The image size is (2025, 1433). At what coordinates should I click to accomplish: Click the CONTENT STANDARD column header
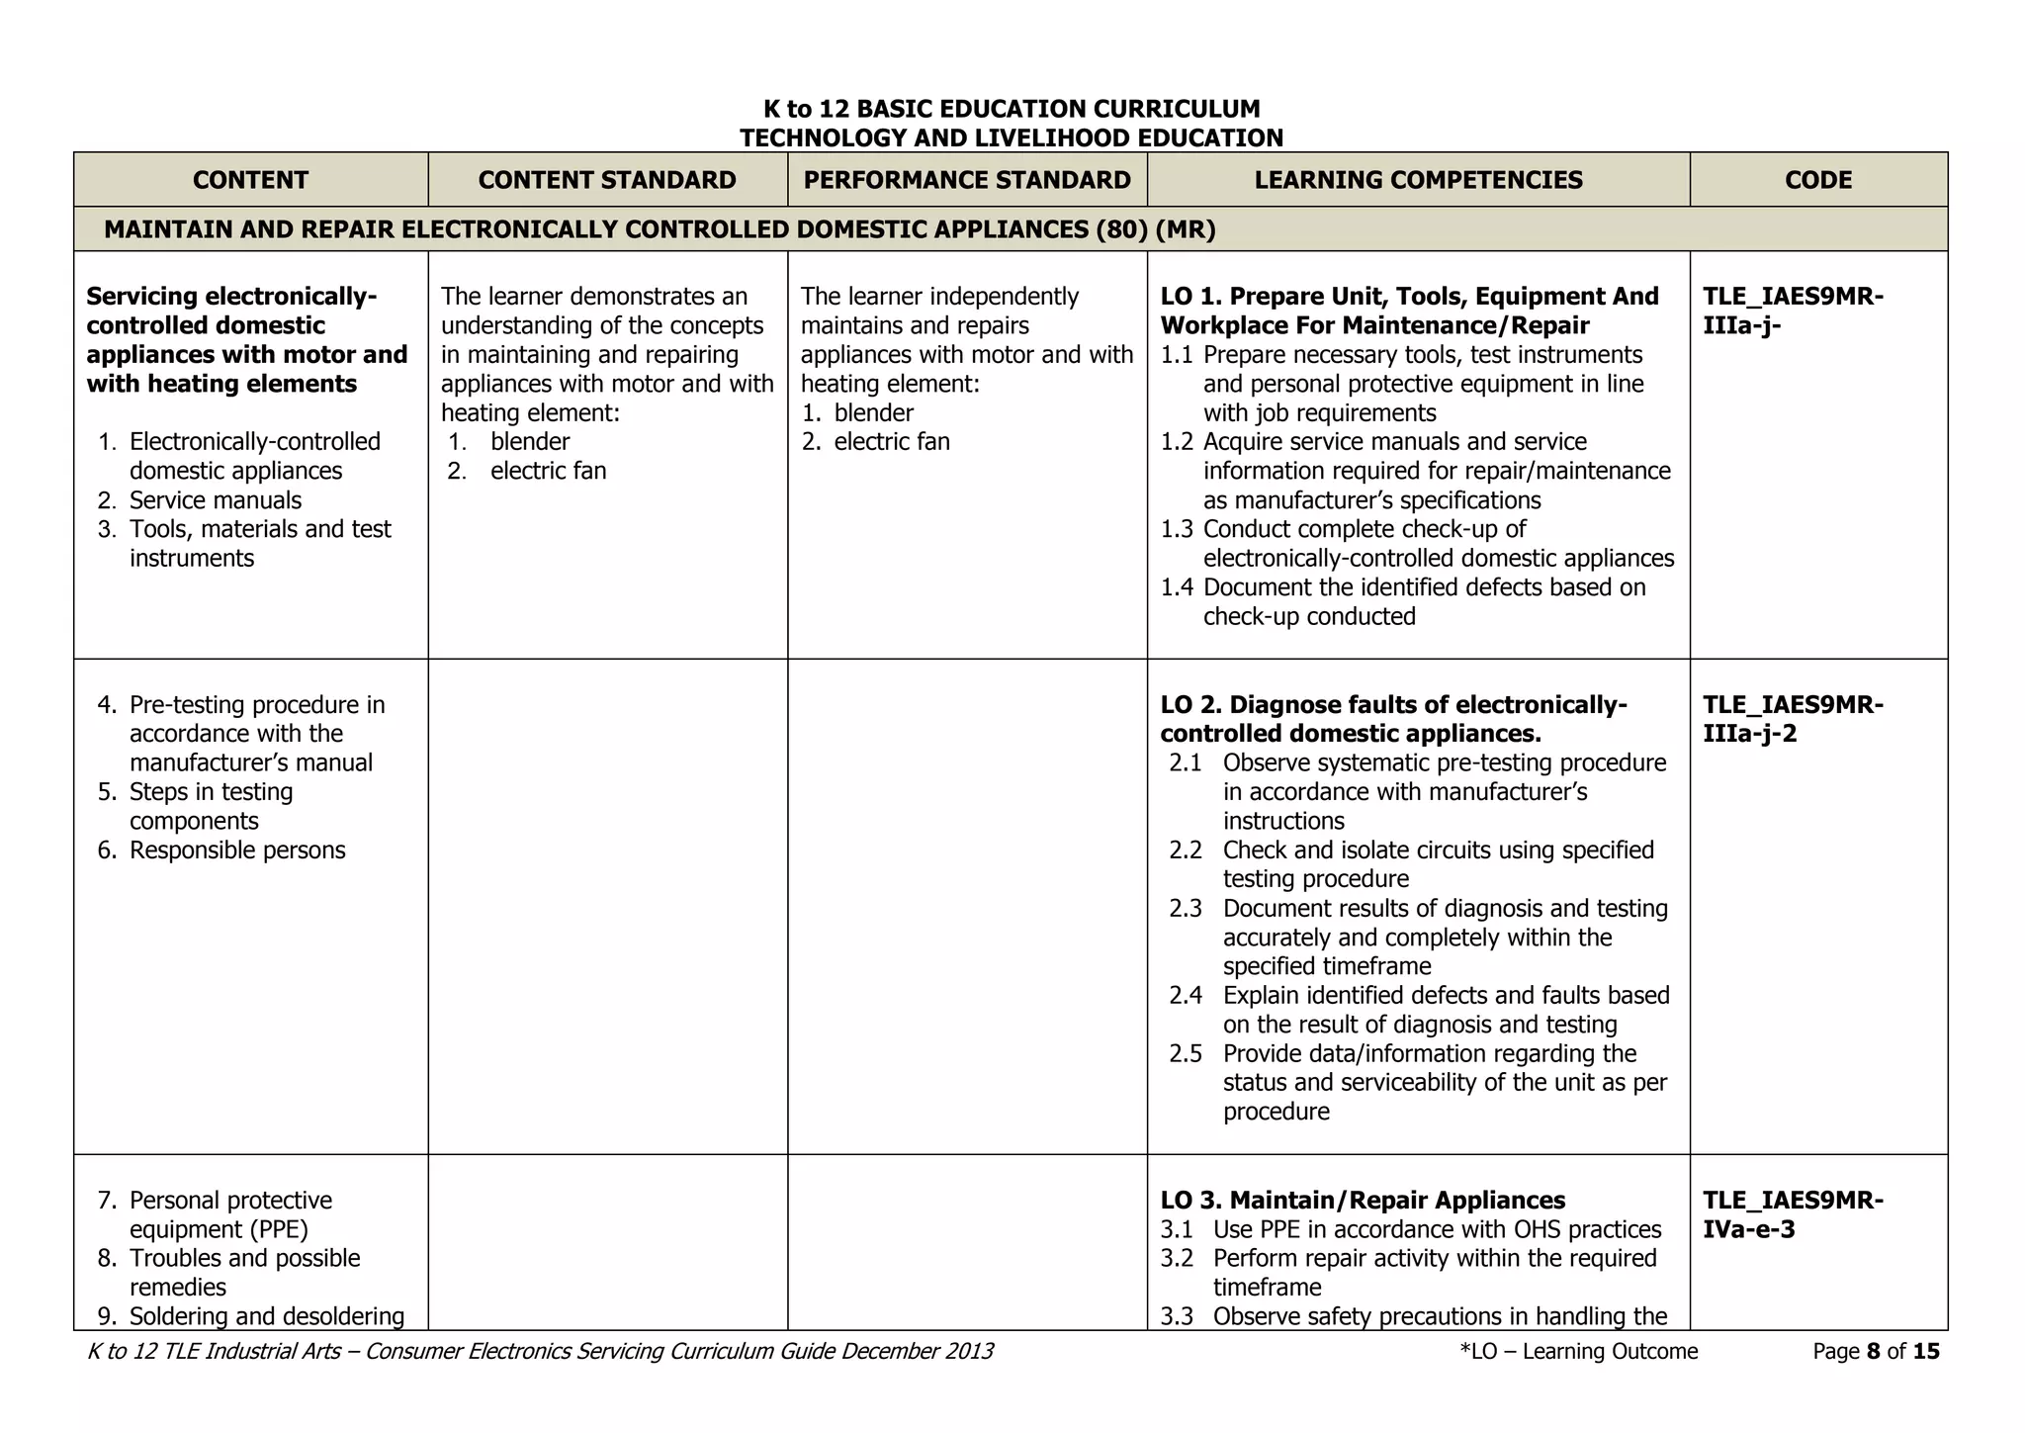click(x=607, y=180)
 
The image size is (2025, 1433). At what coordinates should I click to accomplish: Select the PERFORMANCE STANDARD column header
click(x=967, y=180)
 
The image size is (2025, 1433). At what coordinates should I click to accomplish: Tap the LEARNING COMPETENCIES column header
click(x=1418, y=180)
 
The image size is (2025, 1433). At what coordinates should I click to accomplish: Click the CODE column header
click(x=1818, y=180)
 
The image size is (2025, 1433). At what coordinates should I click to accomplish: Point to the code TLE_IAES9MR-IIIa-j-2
click(x=1793, y=719)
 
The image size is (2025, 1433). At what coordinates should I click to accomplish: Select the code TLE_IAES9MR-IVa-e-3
click(x=1793, y=1214)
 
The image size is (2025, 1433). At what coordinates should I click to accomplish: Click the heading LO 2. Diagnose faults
click(x=1392, y=719)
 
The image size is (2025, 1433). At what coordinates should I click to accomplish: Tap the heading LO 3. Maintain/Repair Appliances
click(x=1363, y=1201)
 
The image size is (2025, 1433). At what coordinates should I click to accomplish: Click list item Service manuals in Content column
click(x=215, y=500)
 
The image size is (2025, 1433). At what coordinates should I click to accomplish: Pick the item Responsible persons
click(x=237, y=851)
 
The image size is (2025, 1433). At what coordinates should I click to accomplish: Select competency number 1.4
click(x=1177, y=587)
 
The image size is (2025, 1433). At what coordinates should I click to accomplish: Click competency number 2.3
click(x=1185, y=909)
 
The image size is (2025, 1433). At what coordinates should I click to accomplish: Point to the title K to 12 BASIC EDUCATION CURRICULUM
click(x=1012, y=109)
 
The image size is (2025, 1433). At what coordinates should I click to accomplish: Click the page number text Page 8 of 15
click(x=1876, y=1352)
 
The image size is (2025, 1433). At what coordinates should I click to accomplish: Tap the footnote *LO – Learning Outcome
click(x=1578, y=1352)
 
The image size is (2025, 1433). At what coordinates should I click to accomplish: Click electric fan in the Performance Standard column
click(x=891, y=442)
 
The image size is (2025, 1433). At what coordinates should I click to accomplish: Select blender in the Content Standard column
click(x=530, y=442)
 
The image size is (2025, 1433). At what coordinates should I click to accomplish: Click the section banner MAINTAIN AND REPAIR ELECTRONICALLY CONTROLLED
click(x=660, y=229)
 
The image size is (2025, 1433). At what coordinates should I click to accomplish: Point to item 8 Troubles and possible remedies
click(x=244, y=1272)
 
